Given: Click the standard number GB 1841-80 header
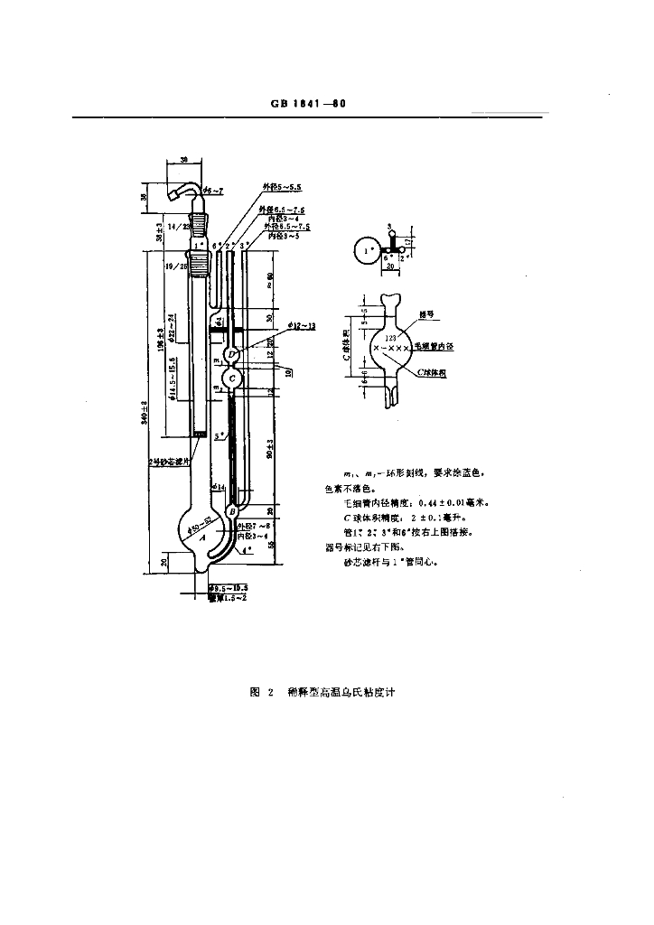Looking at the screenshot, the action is pos(308,104).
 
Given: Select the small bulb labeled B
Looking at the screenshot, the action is pos(232,511).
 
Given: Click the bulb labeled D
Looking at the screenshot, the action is pos(232,352).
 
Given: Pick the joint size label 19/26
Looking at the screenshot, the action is pos(177,267).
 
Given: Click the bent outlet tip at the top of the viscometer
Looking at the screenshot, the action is pos(177,194).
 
